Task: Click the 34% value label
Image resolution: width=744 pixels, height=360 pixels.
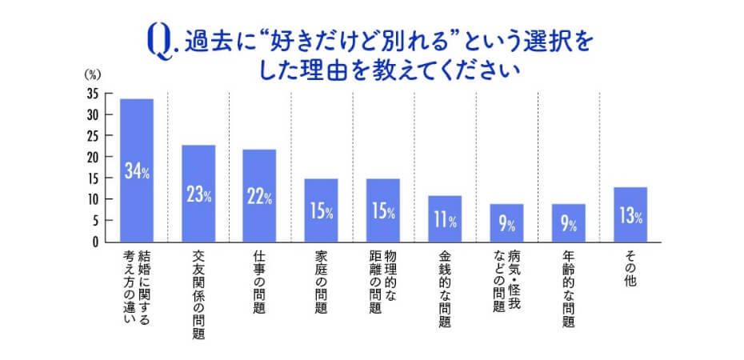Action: pos(137,171)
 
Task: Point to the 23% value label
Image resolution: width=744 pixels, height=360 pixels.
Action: pos(198,195)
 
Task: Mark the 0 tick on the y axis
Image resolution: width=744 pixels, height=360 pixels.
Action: pos(95,241)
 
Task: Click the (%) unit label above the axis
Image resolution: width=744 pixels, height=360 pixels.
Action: pos(93,74)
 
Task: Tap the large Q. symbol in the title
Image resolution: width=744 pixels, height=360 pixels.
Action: pos(160,41)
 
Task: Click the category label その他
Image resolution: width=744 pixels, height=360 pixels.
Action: pos(630,268)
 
